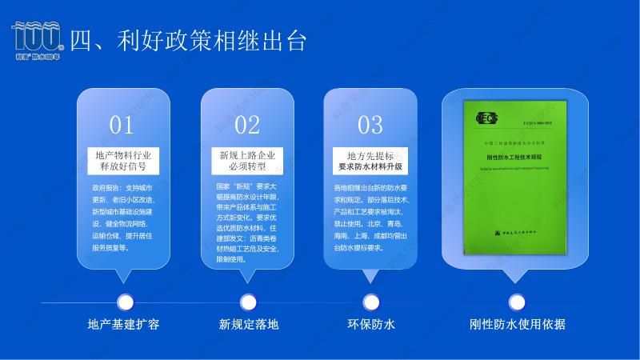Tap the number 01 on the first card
(x=122, y=125)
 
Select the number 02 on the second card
(x=247, y=125)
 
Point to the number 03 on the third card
(x=370, y=125)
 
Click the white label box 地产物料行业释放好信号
(x=122, y=161)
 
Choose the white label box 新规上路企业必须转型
(x=247, y=161)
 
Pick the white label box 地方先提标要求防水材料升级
(x=370, y=161)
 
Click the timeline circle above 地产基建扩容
(x=125, y=302)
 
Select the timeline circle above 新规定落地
(x=248, y=302)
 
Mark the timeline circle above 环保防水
(x=371, y=302)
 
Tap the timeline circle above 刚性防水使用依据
(x=517, y=302)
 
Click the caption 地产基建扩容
(x=123, y=325)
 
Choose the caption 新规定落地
(x=249, y=325)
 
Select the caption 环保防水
(x=371, y=325)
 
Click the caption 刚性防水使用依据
(x=517, y=325)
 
